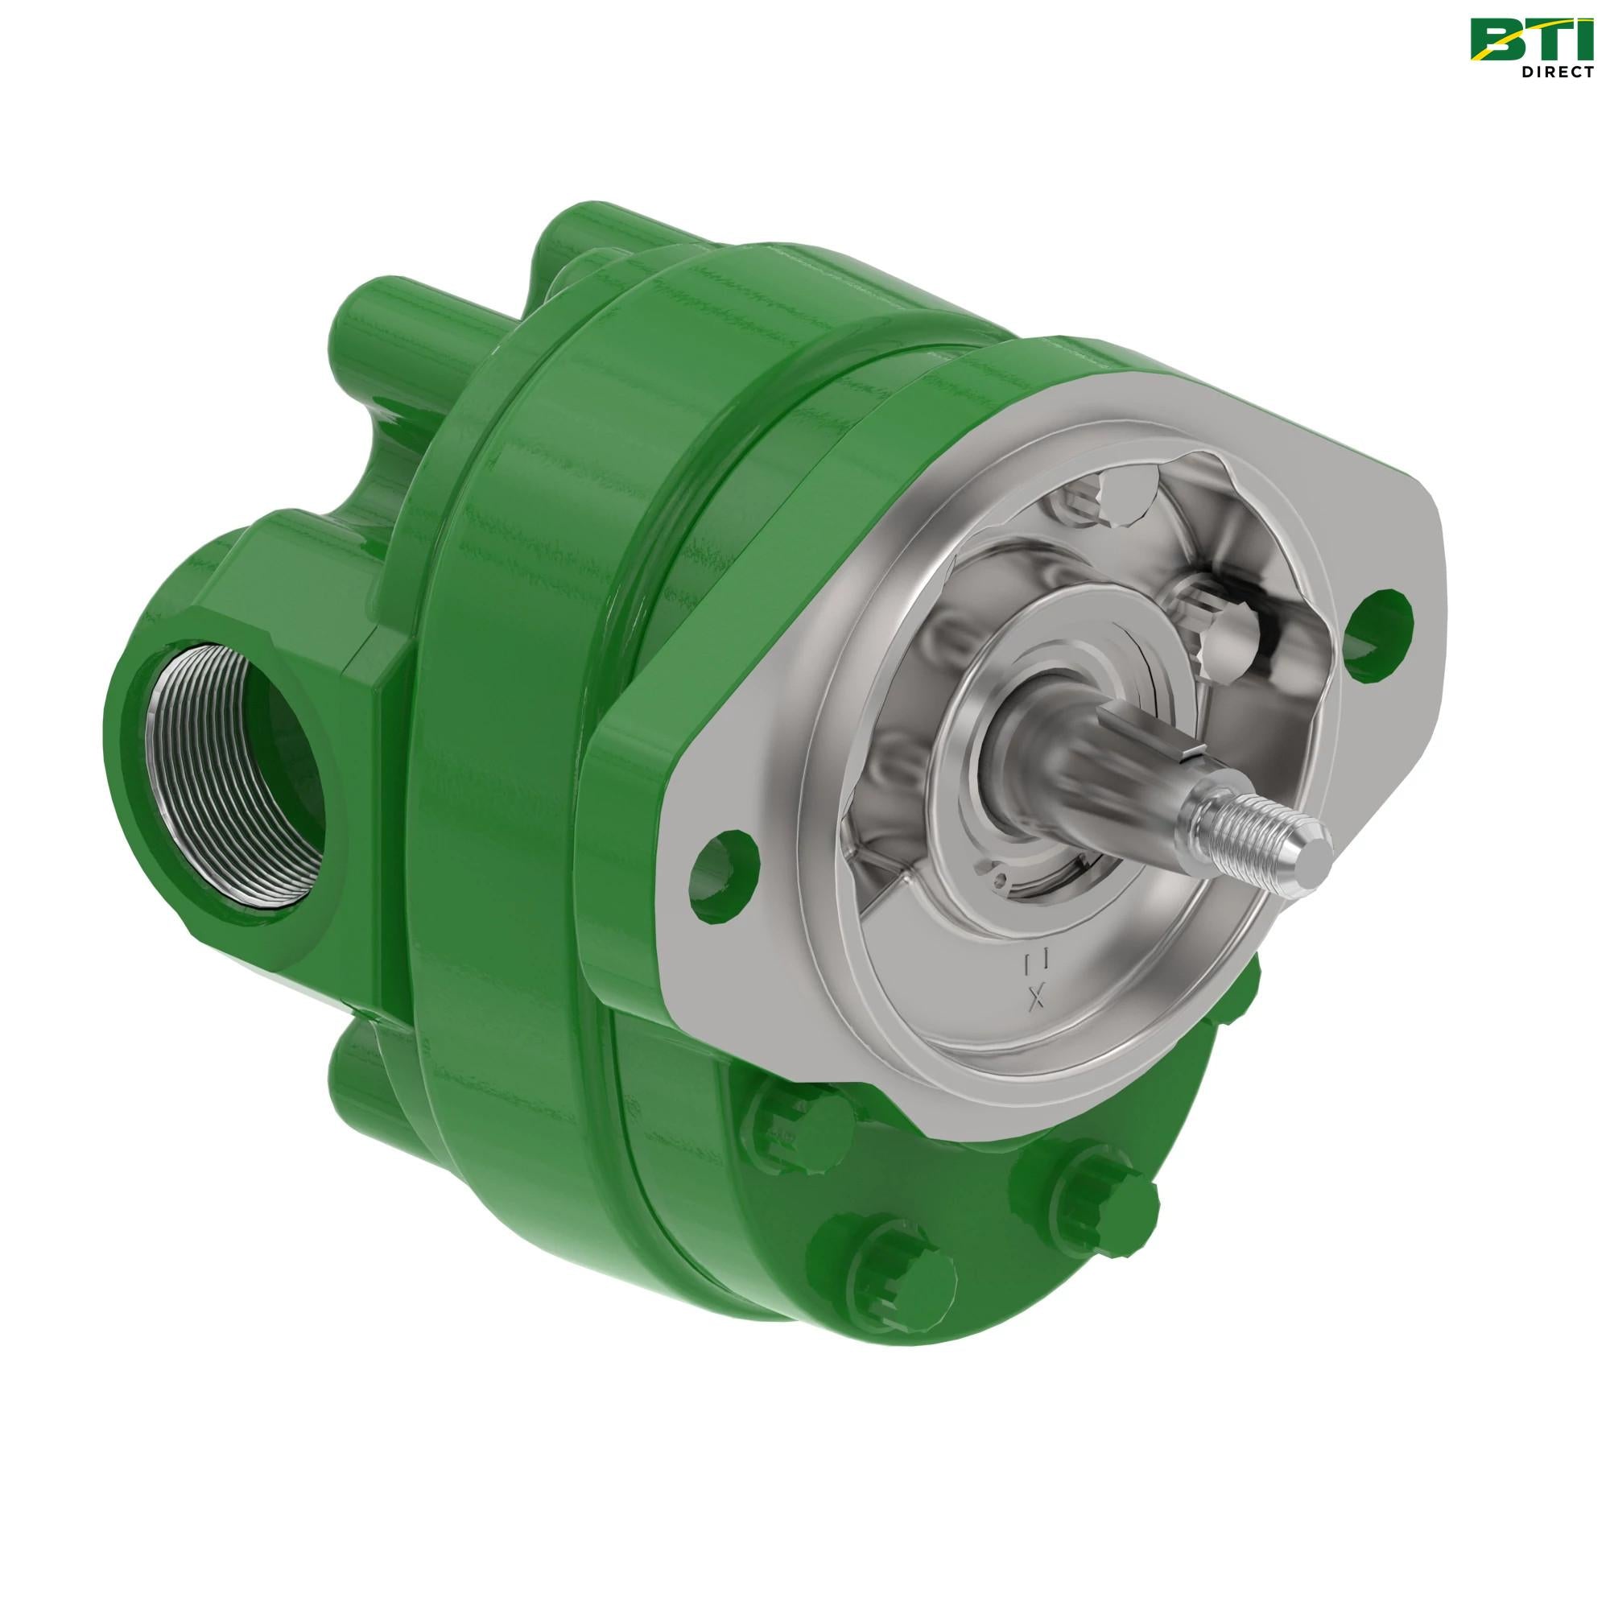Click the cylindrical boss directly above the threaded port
click(x=366, y=333)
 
